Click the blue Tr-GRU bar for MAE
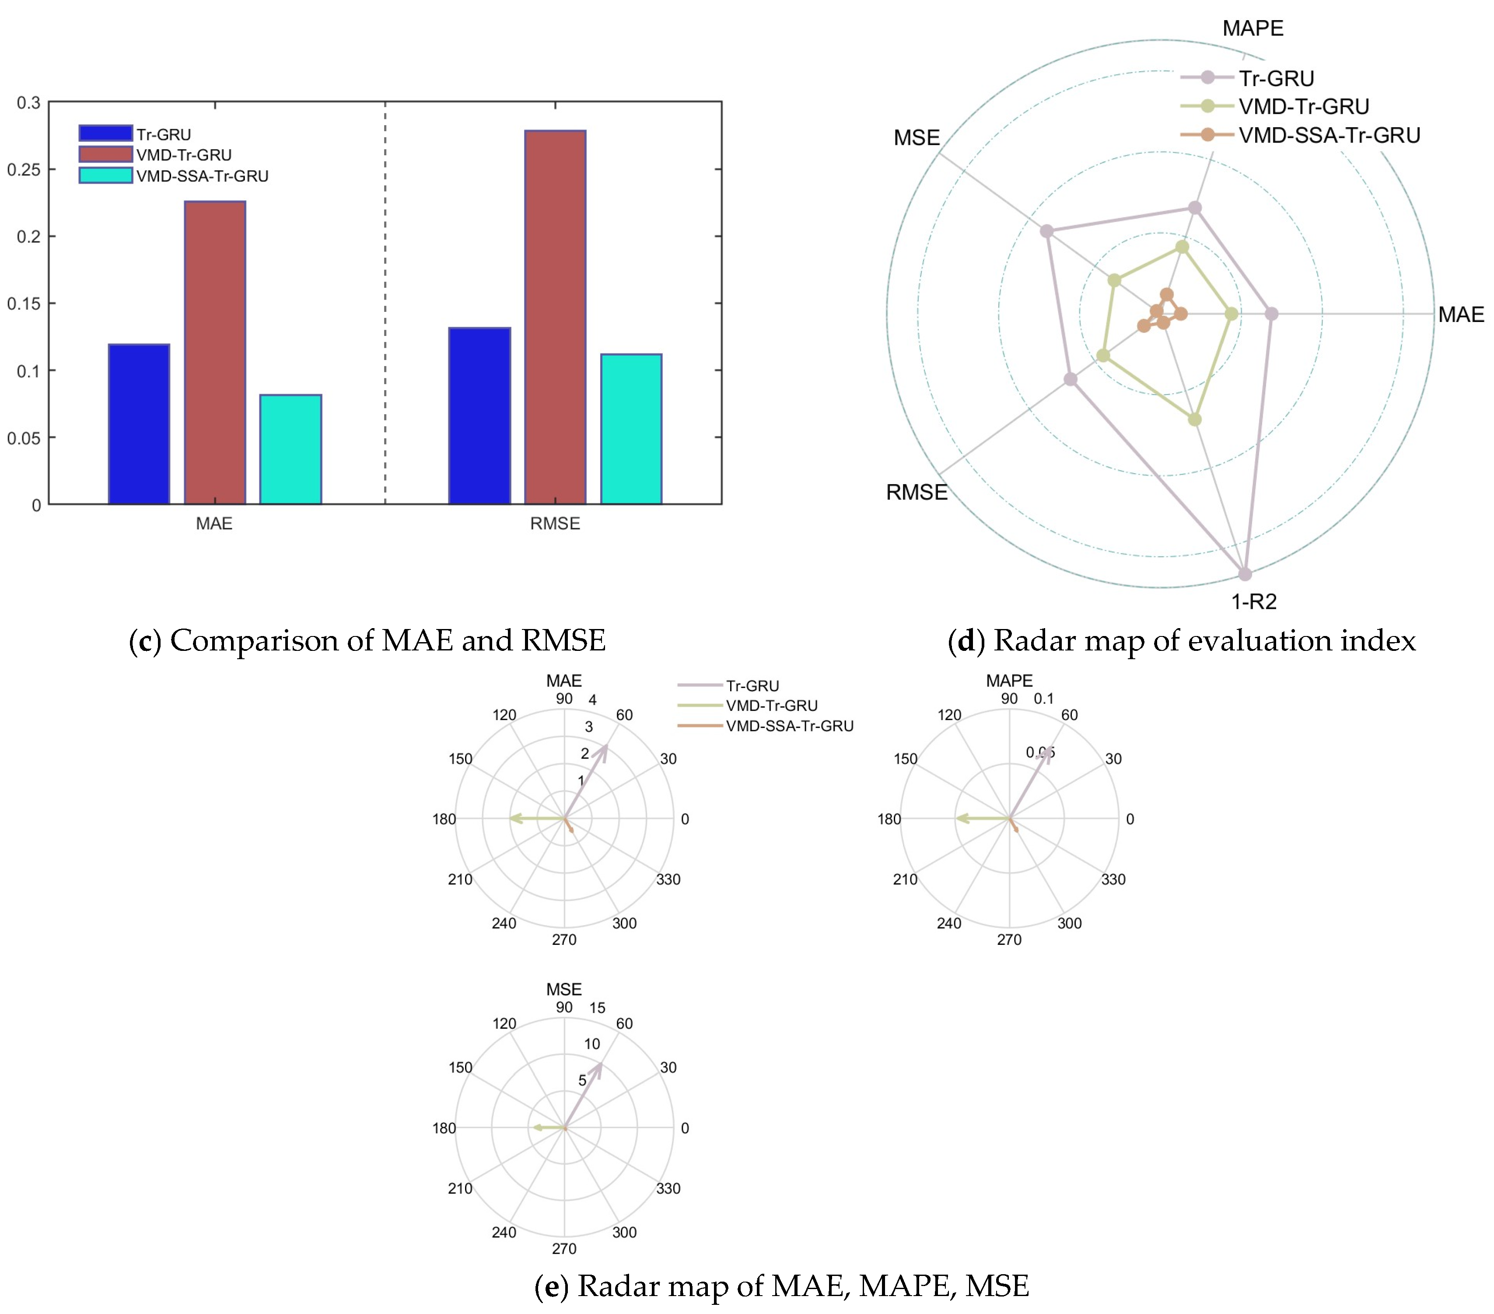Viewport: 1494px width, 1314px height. [139, 424]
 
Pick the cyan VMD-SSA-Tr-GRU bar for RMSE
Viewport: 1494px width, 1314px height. [631, 429]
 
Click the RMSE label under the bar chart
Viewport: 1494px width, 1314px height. [555, 523]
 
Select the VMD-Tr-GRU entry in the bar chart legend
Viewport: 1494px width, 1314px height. [183, 155]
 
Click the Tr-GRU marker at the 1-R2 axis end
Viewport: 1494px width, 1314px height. [1245, 574]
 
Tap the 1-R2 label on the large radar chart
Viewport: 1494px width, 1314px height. [1253, 601]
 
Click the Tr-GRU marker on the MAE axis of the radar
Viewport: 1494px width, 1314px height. [1272, 314]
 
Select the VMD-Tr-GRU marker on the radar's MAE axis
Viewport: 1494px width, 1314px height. [1232, 314]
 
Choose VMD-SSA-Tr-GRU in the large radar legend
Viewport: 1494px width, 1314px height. [1329, 135]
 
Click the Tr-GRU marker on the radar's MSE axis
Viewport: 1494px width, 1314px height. [1047, 231]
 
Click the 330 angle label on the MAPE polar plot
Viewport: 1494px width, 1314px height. [1113, 879]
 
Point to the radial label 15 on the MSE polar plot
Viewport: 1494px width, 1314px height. [597, 1008]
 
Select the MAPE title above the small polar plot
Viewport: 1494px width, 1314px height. [1009, 680]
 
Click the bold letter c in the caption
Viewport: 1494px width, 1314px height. [145, 641]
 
